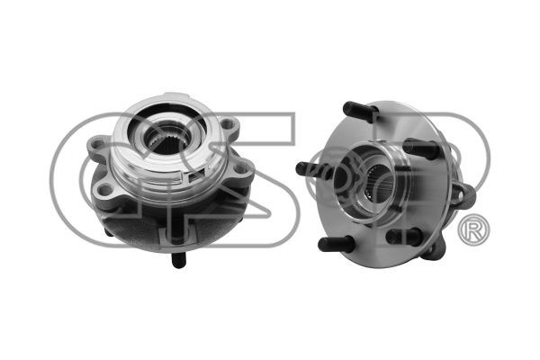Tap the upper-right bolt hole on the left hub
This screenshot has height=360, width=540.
tap(227, 124)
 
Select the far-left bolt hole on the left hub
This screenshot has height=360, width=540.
tap(98, 142)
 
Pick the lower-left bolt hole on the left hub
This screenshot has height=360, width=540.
tap(105, 189)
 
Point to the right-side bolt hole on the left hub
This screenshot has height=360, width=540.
tap(240, 169)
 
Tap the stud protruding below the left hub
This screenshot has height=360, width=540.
tap(179, 260)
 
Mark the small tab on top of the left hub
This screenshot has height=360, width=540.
tap(176, 94)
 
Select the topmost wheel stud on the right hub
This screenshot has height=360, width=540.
tap(360, 109)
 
